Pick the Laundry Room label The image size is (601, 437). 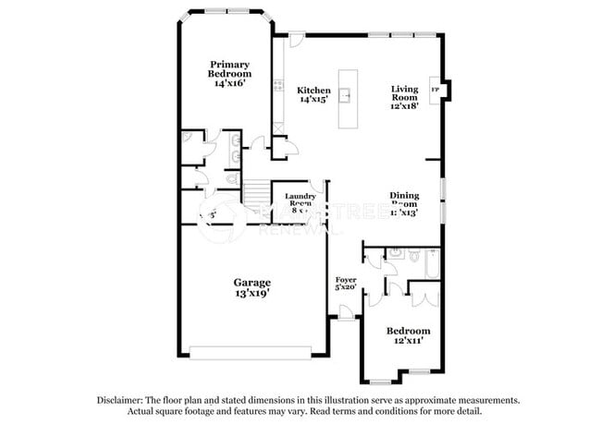tap(300, 200)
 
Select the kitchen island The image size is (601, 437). tap(349, 98)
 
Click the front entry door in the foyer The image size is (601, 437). tap(346, 314)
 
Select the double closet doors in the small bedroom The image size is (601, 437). tap(423, 297)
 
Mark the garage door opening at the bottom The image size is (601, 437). tap(249, 352)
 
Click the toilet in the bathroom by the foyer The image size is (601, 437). tap(392, 251)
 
